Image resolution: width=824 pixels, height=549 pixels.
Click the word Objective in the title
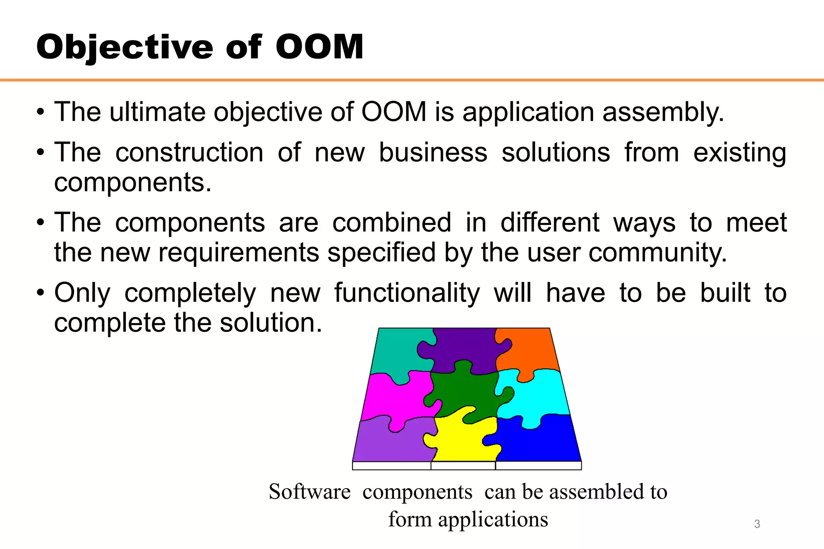click(125, 47)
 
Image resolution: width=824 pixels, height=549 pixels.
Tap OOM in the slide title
click(319, 47)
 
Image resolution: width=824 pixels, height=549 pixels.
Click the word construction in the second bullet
click(189, 153)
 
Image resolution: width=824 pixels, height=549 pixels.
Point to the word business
click(433, 153)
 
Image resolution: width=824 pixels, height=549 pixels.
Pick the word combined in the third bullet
click(391, 222)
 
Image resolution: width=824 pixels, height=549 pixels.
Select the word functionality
click(407, 293)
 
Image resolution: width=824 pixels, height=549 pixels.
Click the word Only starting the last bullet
click(82, 293)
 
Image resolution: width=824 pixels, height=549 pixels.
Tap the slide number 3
click(757, 524)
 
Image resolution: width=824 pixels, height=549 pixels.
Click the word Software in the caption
click(309, 492)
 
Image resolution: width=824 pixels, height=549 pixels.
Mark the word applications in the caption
click(493, 519)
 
